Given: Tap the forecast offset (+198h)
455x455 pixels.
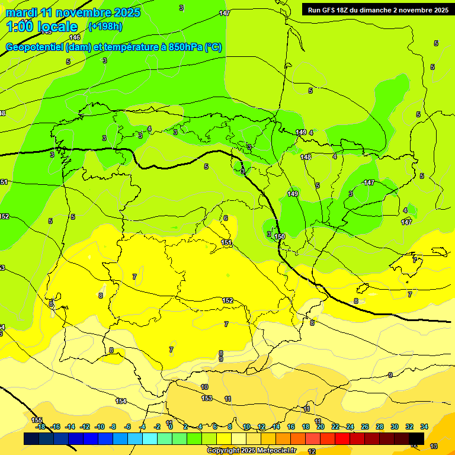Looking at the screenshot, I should point(105,26).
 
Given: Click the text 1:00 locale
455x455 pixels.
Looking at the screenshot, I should point(43,27).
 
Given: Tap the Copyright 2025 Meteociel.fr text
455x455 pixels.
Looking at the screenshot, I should point(251,451).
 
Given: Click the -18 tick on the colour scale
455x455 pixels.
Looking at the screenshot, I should point(40,427).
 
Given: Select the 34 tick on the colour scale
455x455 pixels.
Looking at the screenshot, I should point(424,427).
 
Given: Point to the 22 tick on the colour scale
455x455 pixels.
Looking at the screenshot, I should point(335,427).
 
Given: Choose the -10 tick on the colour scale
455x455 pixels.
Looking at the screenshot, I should point(99,427).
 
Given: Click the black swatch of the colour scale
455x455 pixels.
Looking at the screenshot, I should point(416,439).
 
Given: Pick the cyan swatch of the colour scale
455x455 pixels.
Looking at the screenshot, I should point(150,439).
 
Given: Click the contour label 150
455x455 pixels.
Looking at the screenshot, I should point(280,236).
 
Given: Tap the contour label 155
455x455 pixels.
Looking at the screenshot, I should point(37,419).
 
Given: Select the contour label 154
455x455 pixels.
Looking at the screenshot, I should point(121,401).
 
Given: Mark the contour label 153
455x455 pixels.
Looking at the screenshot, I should point(207,398).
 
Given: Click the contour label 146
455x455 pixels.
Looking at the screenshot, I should point(75,37).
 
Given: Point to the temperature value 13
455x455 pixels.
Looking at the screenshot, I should point(434,446).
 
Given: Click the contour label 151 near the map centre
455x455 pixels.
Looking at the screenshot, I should point(226,242).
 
